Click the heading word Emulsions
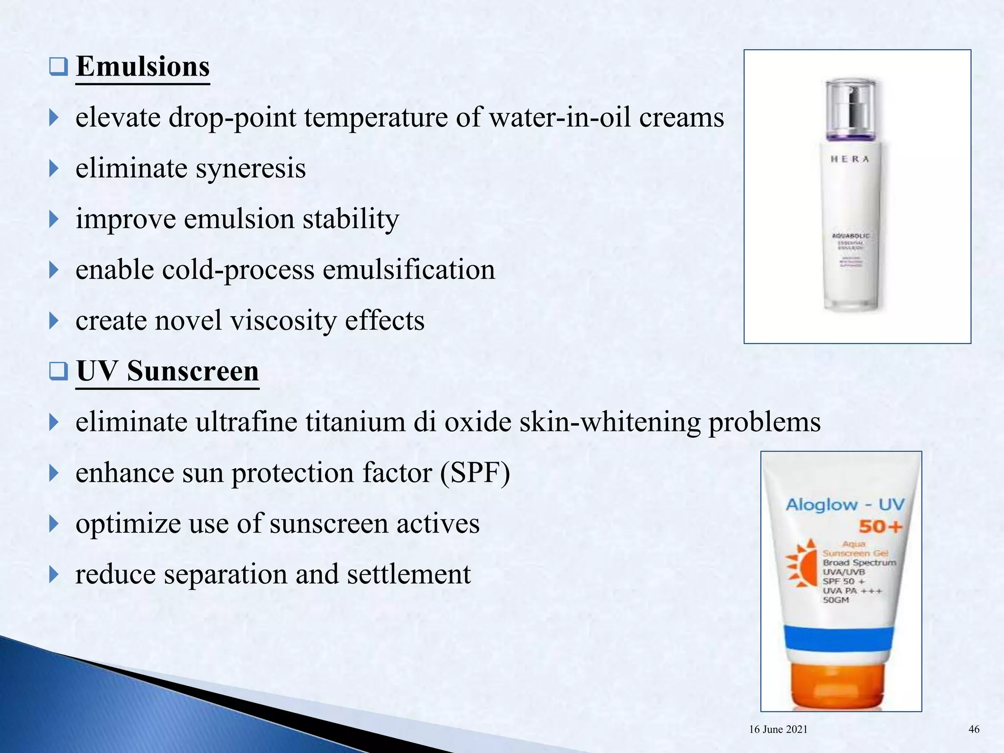[143, 67]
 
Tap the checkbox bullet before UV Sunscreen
[58, 371]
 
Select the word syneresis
[251, 169]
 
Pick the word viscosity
[283, 321]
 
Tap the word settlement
[408, 574]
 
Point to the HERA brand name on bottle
[850, 159]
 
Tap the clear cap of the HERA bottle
[850, 103]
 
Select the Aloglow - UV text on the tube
[845, 504]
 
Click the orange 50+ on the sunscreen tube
[880, 527]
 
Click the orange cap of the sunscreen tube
[839, 684]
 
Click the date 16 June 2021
[778, 729]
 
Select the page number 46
[974, 729]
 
